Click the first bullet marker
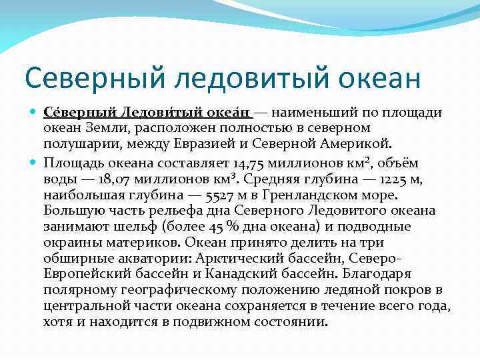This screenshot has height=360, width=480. [x=35, y=112]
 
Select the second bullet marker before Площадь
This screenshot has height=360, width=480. [x=35, y=162]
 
